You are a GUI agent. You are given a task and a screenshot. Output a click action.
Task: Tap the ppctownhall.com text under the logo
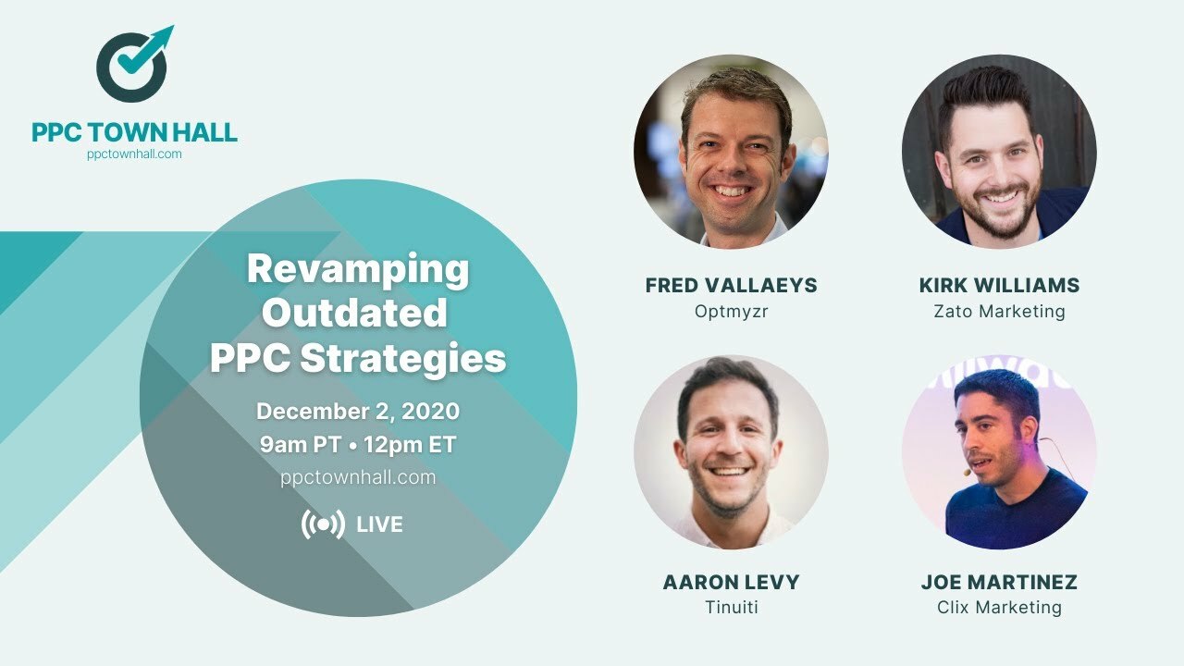[x=134, y=154]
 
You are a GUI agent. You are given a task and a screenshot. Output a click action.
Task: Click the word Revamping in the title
[x=358, y=269]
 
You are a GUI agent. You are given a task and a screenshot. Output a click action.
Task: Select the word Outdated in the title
[x=354, y=314]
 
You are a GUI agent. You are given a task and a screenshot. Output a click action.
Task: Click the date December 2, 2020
[x=358, y=411]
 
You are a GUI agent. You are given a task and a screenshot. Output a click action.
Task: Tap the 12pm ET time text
[x=410, y=444]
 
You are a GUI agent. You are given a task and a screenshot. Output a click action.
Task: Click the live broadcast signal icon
[x=323, y=524]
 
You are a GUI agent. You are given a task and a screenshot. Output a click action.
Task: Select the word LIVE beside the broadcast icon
[x=380, y=525]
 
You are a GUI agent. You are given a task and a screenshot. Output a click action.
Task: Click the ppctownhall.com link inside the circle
[x=358, y=477]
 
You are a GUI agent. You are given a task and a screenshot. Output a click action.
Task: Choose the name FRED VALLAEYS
[x=731, y=286]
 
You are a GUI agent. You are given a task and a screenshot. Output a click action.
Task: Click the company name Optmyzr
[x=731, y=312]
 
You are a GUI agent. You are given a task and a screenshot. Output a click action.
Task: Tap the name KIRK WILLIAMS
[x=999, y=286]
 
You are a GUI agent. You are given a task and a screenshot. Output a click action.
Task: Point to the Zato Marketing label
[x=999, y=312]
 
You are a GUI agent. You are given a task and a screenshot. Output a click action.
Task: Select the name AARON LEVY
[x=731, y=583]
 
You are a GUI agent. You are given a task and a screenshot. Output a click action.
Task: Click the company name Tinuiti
[x=731, y=608]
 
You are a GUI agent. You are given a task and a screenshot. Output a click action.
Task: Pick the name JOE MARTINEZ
[x=999, y=583]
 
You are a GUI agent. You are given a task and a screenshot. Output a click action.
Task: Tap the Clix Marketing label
[x=999, y=608]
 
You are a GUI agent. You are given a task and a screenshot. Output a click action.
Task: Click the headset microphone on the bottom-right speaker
[x=968, y=472]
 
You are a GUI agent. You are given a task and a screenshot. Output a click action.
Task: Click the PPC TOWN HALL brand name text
[x=134, y=132]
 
